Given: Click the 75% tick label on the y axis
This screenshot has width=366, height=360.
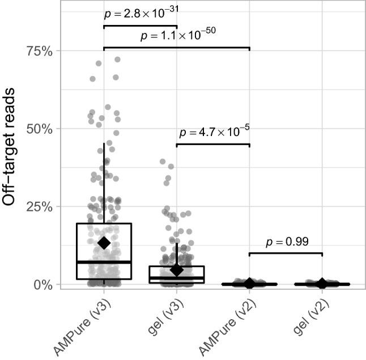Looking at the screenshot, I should tap(40, 51).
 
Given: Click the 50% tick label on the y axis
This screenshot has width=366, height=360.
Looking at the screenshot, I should tap(40, 129).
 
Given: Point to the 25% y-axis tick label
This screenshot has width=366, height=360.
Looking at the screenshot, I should tap(40, 206).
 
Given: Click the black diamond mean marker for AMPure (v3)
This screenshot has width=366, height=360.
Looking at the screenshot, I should tap(104, 243).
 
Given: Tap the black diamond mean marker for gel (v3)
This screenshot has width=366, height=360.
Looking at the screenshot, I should tap(176, 270).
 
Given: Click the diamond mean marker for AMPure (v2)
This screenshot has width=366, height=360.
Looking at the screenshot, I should tap(249, 283).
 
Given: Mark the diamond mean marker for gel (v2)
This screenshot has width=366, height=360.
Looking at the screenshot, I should tap(322, 283).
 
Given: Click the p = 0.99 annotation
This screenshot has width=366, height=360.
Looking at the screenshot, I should tap(287, 242).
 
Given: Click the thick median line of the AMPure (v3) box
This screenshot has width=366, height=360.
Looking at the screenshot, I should tap(104, 262).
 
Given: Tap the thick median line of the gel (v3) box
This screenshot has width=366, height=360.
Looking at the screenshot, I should tap(176, 278).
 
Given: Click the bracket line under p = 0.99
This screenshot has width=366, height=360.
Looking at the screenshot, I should tap(286, 253).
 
